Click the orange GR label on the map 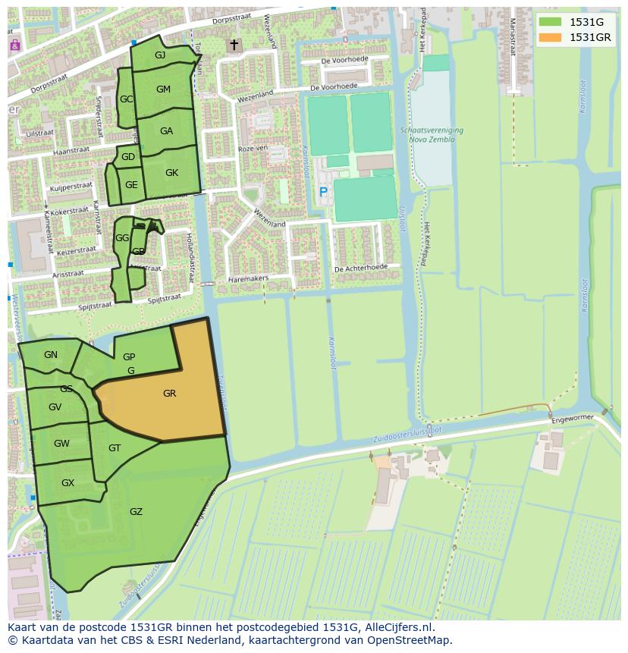point(169,394)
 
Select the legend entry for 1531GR point(590,37)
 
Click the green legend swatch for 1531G point(550,22)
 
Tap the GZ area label point(136,512)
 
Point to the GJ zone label point(160,55)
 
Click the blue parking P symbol point(323,193)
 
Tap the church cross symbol point(234,46)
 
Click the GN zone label point(51,355)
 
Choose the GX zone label point(68,483)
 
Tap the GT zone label point(115,448)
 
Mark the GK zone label point(171,173)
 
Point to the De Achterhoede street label point(360,268)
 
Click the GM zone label point(163,89)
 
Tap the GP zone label point(129,357)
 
